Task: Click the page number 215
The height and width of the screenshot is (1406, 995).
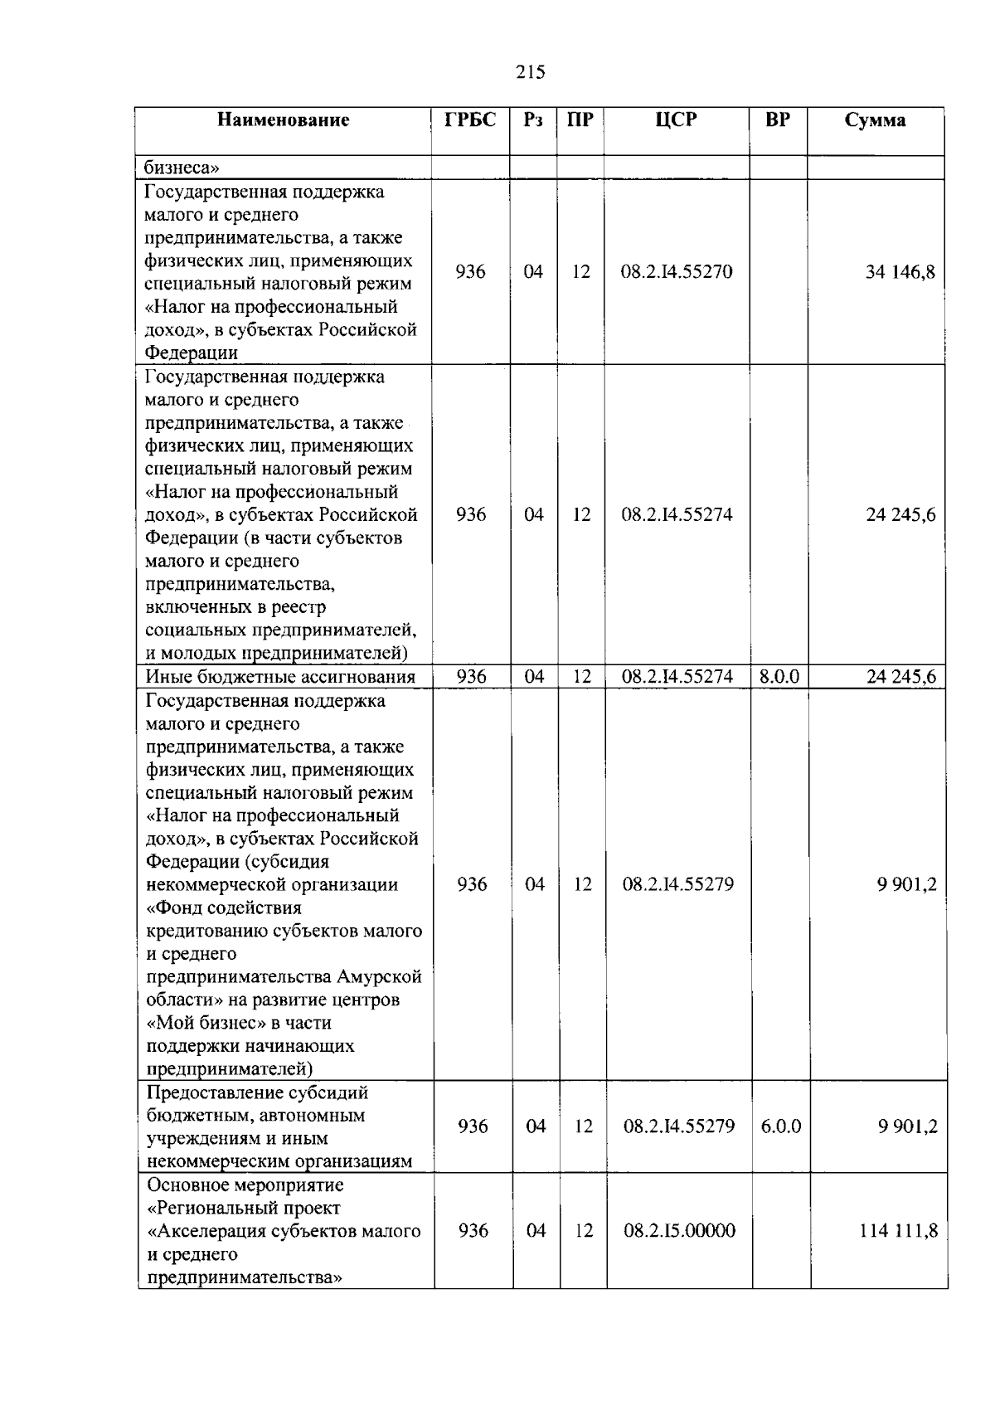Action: tap(530, 72)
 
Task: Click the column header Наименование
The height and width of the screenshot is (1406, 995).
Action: tap(284, 120)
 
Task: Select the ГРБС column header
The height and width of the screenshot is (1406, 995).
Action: tap(470, 119)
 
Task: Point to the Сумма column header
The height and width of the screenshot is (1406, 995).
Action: tap(875, 120)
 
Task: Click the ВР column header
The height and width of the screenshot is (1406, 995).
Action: tap(777, 119)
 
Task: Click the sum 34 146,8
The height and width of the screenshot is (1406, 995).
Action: tap(900, 272)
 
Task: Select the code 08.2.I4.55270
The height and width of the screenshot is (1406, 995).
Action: tap(677, 272)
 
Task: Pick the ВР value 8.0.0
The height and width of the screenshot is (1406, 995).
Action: tap(779, 677)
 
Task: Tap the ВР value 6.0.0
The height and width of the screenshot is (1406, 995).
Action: tap(780, 1126)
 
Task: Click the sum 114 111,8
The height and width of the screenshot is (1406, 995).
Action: tap(898, 1231)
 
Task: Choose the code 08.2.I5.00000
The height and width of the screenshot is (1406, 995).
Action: tap(679, 1231)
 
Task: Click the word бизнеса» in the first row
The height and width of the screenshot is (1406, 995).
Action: tap(182, 168)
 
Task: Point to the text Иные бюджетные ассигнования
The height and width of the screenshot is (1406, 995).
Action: tap(280, 677)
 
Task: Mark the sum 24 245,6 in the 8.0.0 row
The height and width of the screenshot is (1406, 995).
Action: tap(900, 677)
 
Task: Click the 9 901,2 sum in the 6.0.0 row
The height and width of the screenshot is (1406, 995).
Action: tap(907, 1126)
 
